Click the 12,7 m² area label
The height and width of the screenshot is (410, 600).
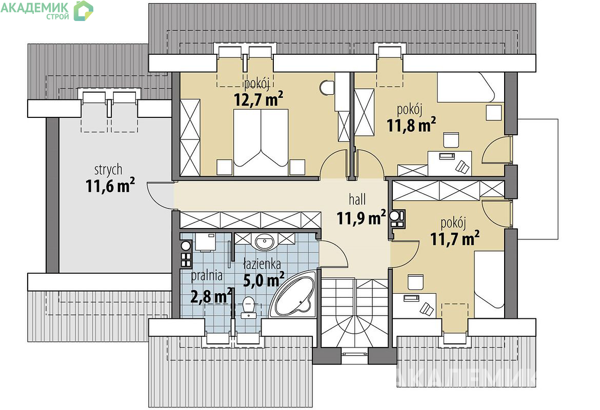pos(258,99)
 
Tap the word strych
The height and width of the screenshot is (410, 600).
pos(108,170)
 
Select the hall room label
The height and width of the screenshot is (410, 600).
pos(357,199)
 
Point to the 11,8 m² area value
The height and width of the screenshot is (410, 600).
pos(411,125)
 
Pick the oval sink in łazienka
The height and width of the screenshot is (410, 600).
pos(265,242)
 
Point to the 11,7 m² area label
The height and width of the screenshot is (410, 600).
pos(455,239)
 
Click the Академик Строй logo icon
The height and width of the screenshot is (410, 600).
pos(83,11)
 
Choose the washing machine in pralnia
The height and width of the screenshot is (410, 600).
pos(206,242)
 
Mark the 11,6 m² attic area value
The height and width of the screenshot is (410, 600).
pos(110,186)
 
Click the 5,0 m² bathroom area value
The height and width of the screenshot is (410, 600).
pos(264,279)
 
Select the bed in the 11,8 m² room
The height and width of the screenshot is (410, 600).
pos(470,88)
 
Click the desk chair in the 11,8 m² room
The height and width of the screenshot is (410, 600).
pos(462,167)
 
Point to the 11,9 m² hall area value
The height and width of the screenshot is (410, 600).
pos(361,218)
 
